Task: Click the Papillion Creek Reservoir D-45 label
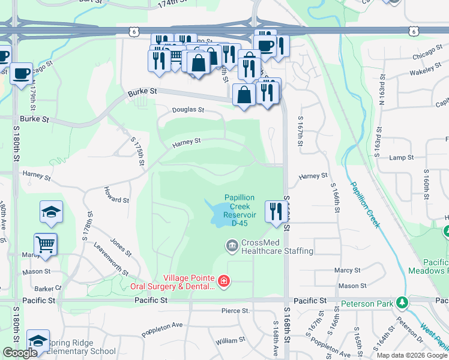240,210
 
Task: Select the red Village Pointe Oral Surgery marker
224,281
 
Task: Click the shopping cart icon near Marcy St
46,244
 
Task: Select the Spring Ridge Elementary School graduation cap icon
38,340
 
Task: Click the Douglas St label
188,110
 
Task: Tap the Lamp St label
402,158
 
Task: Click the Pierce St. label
235,311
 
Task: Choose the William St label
228,341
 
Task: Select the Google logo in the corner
20,353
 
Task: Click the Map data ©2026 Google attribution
411,355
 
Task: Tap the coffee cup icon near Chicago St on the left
22,74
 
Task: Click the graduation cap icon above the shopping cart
52,211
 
